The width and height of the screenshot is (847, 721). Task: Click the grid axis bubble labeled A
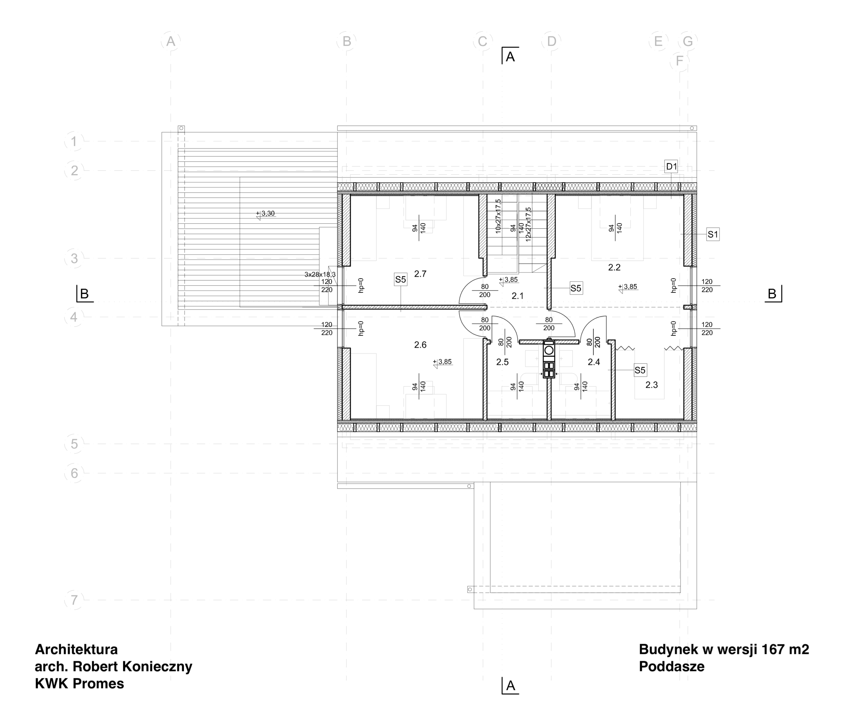(171, 41)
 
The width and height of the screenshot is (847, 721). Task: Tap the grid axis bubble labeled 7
(74, 601)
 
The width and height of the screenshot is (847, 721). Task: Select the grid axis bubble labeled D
(551, 41)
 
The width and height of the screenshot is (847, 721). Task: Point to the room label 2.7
(421, 274)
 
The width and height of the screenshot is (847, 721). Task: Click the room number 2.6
(421, 345)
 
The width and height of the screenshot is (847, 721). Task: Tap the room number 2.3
(652, 385)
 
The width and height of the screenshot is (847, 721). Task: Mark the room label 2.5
(503, 362)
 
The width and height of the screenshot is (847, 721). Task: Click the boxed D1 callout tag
(671, 167)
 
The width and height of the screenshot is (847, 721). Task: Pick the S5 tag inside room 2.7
(400, 280)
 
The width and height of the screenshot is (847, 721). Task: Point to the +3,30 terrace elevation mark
(266, 214)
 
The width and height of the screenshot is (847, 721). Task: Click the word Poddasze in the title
(672, 666)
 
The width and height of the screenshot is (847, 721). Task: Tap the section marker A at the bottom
(510, 686)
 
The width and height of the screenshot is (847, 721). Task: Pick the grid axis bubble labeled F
(680, 61)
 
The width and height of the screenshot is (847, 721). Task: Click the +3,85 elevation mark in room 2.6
(443, 362)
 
